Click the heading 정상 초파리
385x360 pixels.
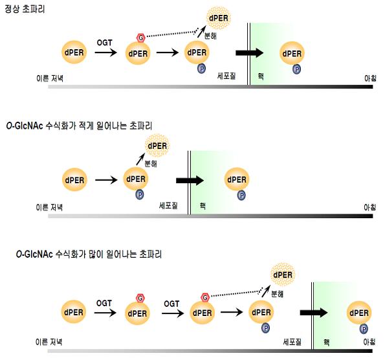pyautogui.click(x=25, y=9)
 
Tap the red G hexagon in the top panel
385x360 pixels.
pyautogui.click(x=140, y=38)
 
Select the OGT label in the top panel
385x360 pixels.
pyautogui.click(x=104, y=43)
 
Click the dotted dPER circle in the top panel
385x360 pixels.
pyautogui.click(x=218, y=18)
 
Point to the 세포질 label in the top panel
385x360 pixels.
pyautogui.click(x=226, y=76)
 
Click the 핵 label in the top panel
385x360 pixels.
pyautogui.click(x=261, y=76)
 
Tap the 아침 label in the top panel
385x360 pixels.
pyautogui.click(x=370, y=78)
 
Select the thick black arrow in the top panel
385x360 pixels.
pyautogui.click(x=250, y=52)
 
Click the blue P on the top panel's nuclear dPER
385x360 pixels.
pyautogui.click(x=296, y=69)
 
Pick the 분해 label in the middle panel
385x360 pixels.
pyautogui.click(x=151, y=163)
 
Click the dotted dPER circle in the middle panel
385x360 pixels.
pyautogui.click(x=157, y=146)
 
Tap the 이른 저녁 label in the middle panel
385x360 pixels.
pyautogui.click(x=49, y=207)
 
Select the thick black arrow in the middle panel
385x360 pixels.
pyautogui.click(x=190, y=181)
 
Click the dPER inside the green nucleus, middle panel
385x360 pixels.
pyautogui.click(x=237, y=179)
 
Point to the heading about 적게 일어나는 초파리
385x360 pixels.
pyautogui.click(x=79, y=126)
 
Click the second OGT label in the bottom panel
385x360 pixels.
pyautogui.click(x=171, y=304)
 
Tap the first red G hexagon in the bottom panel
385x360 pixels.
pyautogui.click(x=140, y=298)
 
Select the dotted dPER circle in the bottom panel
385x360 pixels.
pyautogui.click(x=283, y=275)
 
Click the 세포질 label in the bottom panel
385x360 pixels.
pyautogui.click(x=292, y=342)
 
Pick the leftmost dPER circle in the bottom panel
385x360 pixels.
pyautogui.click(x=73, y=312)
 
